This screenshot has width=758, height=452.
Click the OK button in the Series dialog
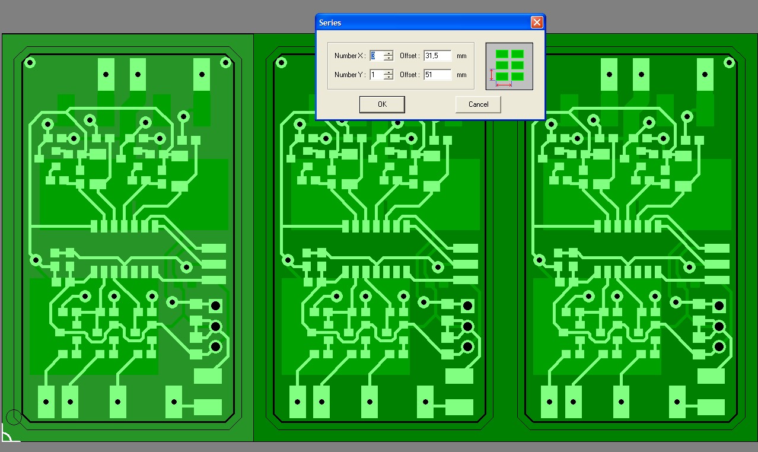(x=382, y=104)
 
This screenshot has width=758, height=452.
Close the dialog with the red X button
(x=537, y=23)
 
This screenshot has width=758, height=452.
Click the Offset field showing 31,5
(x=438, y=56)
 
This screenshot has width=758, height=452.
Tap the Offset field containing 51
(x=438, y=74)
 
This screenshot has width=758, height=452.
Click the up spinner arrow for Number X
(x=389, y=53)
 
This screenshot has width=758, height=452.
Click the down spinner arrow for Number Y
(x=389, y=77)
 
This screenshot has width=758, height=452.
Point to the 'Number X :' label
(x=350, y=56)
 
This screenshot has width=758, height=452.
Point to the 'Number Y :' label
(x=350, y=74)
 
